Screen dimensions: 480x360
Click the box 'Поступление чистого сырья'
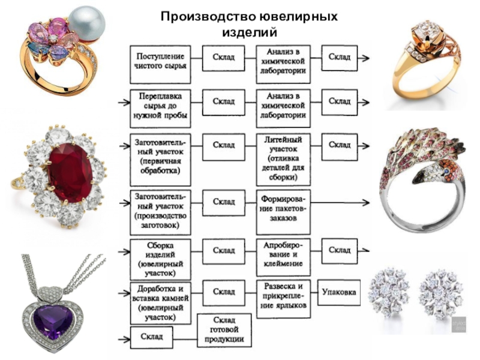point(160,65)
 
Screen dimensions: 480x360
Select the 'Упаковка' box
point(339,292)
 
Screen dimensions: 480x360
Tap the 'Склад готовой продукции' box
point(224,331)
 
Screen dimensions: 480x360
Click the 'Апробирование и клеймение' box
point(283,254)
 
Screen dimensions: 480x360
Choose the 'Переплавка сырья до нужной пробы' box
point(160,109)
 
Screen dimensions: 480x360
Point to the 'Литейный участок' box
point(283,160)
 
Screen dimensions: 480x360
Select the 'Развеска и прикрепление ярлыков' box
point(283,299)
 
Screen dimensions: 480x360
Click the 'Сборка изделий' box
point(160,260)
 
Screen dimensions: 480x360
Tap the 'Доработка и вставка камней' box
point(160,303)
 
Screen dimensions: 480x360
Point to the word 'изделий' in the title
point(250,32)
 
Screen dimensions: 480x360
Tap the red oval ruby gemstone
point(70,173)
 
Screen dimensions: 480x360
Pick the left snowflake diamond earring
point(389,292)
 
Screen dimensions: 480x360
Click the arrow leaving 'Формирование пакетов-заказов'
point(340,202)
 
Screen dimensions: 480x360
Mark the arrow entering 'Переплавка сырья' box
point(124,103)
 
